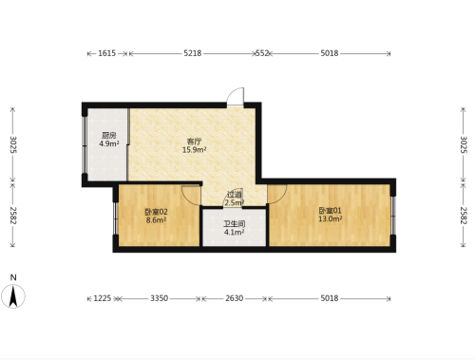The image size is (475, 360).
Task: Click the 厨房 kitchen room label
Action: pos(109,136)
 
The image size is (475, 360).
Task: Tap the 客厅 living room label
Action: pos(194,142)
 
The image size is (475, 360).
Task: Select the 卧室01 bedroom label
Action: pos(330,211)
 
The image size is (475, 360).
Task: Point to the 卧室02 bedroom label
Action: pos(156,212)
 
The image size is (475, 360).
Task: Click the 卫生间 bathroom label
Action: pos(235,224)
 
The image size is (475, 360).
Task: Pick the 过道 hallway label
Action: pos(235,195)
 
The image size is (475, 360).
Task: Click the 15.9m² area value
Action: pos(195,150)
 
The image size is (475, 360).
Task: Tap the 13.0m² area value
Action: pos(331,218)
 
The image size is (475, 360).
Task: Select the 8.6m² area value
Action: pos(156,220)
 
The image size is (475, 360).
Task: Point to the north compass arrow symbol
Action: pos(13,296)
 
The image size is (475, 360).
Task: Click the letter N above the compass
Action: pos(13,277)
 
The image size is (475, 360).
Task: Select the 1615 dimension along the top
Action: pos(107,53)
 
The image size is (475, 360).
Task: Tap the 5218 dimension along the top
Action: pos(193,53)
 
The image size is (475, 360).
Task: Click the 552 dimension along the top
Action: pos(262,53)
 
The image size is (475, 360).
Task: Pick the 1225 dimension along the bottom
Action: pos(103,298)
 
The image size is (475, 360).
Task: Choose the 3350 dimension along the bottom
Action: pos(160,298)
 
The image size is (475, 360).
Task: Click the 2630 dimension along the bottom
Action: pos(235,298)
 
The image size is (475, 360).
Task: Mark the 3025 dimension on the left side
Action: pos(13,144)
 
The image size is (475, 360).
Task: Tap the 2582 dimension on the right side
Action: pos(464,216)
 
